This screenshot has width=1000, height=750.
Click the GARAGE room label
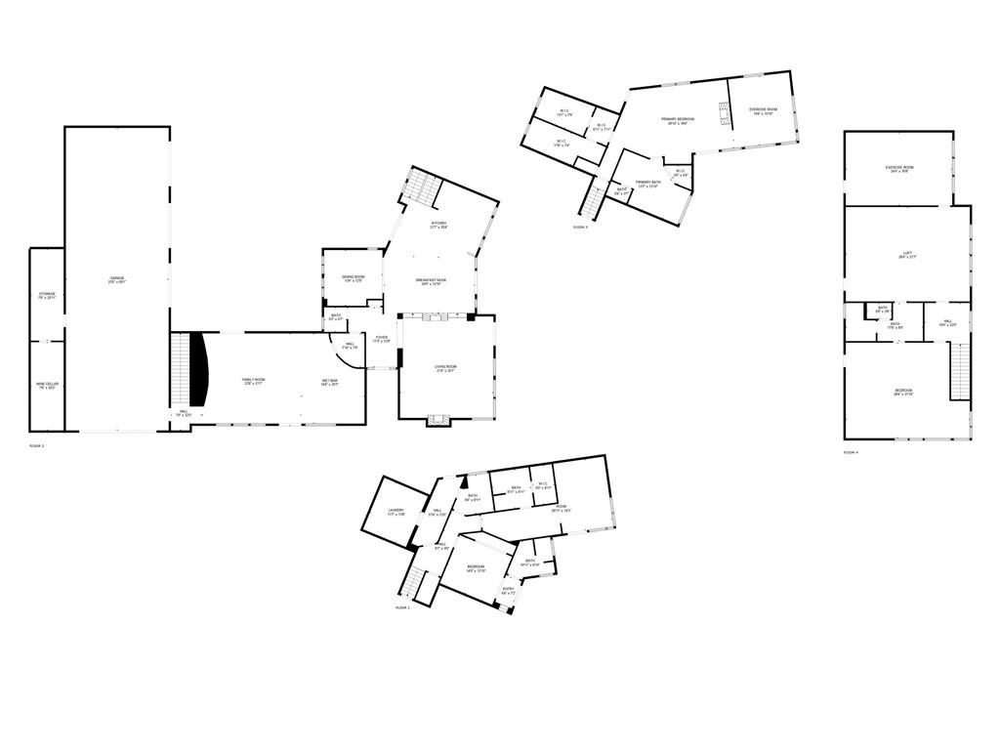tap(117, 278)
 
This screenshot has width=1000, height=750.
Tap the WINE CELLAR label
tap(47, 385)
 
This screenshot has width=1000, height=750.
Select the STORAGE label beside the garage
tap(47, 294)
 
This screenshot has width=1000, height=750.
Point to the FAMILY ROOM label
tap(254, 379)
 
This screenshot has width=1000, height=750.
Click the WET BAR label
tap(330, 380)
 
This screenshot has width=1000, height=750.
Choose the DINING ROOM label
tap(354, 277)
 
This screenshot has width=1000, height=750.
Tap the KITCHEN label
tap(439, 224)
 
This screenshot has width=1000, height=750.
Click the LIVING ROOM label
tap(446, 366)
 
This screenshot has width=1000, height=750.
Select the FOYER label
tap(382, 337)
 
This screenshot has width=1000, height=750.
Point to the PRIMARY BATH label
tap(649, 182)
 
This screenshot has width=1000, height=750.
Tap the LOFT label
tap(907, 256)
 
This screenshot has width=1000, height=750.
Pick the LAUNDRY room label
tap(396, 510)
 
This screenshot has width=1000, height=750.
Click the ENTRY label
tap(509, 588)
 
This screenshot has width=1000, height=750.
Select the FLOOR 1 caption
tap(402, 607)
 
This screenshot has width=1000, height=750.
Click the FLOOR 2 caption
tap(37, 445)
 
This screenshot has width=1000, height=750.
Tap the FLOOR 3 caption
tap(580, 227)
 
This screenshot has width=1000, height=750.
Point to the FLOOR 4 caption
tap(851, 452)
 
